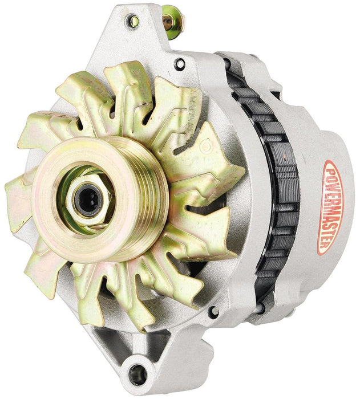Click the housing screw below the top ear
[180, 63]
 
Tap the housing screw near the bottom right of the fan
[214, 311]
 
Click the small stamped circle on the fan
[207, 147]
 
